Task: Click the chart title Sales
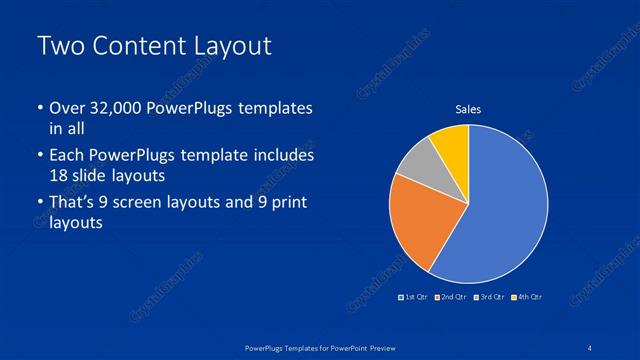point(468,109)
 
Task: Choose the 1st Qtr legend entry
point(415,297)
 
